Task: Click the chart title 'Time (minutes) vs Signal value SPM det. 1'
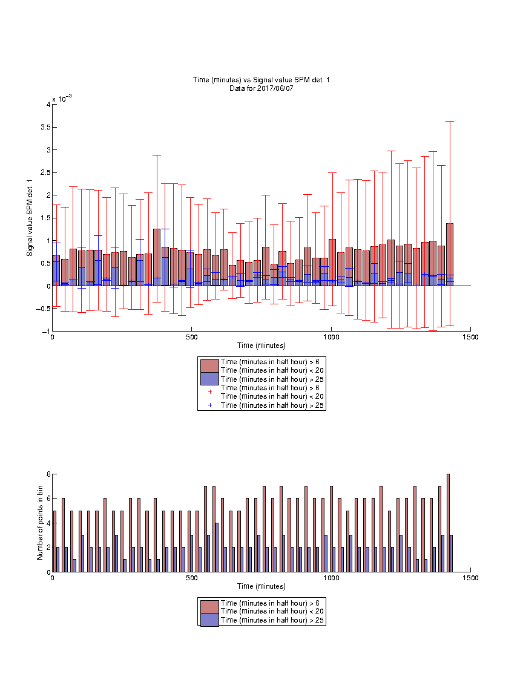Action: [261, 80]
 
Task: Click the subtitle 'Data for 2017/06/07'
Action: [261, 88]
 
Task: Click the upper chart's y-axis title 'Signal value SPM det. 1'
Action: [30, 218]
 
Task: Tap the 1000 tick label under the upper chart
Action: [331, 337]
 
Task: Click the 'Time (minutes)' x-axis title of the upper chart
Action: [261, 345]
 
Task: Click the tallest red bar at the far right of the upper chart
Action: [450, 255]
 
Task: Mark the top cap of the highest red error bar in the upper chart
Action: [450, 121]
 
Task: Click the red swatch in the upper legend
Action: [209, 366]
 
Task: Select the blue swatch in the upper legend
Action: [209, 379]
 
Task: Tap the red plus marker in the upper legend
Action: [210, 391]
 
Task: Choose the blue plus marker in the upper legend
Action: [210, 405]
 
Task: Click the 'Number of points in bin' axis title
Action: [40, 523]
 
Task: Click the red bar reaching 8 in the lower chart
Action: [448, 523]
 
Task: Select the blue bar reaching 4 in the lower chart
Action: [217, 547]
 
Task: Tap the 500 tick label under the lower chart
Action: [192, 578]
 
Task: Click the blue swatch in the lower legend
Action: [209, 620]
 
